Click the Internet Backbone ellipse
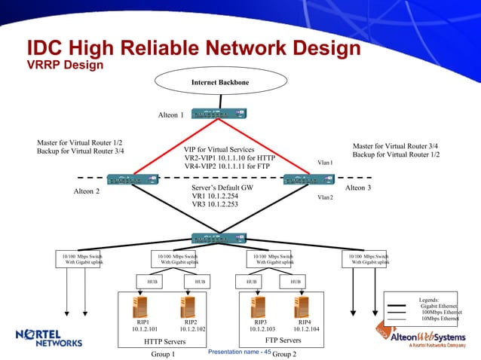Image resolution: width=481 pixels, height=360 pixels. [220, 81]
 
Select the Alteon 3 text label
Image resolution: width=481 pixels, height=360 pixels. [357, 188]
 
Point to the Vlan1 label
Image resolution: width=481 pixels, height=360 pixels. [325, 162]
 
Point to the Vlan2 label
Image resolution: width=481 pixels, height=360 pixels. [325, 197]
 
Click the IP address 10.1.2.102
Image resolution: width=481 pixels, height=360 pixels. [190, 329]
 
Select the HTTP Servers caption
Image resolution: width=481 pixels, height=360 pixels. [164, 340]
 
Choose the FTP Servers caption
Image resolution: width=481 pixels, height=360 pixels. [280, 340]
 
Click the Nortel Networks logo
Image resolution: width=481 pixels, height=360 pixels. [49, 338]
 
